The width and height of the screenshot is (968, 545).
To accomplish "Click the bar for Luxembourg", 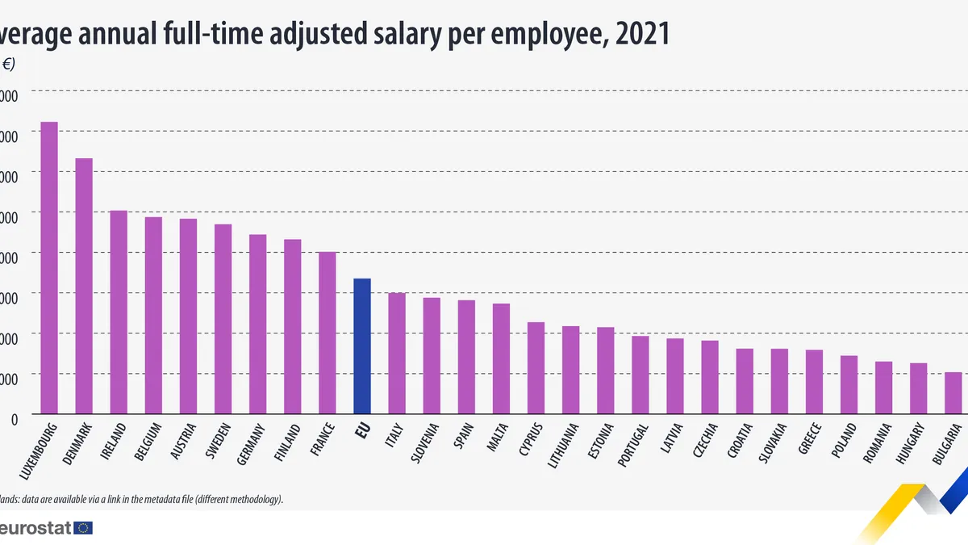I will [x=49, y=267].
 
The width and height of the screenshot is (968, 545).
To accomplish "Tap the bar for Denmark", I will [x=84, y=286].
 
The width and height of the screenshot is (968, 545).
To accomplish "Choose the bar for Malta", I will [x=501, y=358].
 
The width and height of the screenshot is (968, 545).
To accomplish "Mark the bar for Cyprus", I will [x=536, y=367].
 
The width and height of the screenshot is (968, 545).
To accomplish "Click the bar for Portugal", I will [x=640, y=375].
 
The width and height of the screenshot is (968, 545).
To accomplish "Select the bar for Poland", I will [x=849, y=384].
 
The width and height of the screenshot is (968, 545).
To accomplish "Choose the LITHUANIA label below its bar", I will [x=562, y=445].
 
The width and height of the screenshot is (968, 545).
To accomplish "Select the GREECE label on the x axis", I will [x=811, y=439].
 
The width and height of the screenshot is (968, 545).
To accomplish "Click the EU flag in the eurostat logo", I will [x=83, y=528].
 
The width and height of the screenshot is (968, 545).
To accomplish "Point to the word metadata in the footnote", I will [x=158, y=499].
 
